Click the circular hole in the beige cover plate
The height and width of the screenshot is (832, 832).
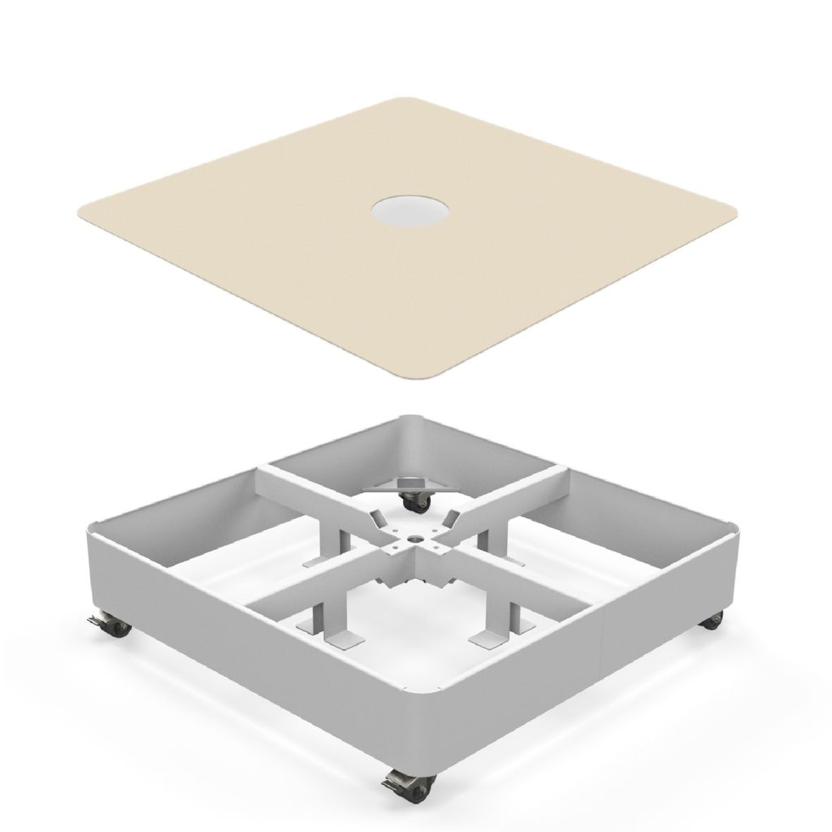(409, 213)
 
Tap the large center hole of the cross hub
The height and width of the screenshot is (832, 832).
(416, 538)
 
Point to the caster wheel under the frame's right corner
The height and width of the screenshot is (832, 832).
(713, 621)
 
